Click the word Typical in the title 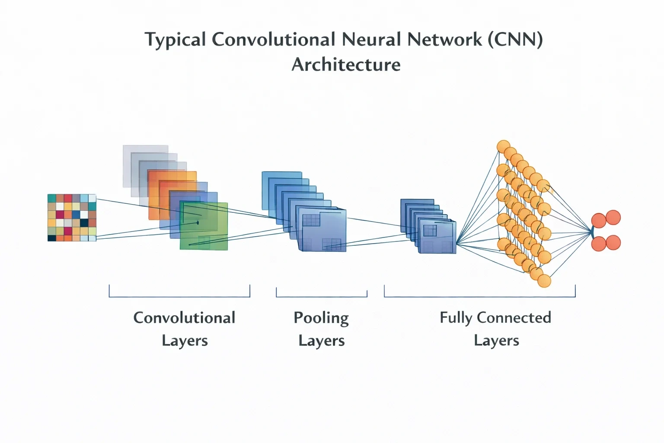coord(175,40)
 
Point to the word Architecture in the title coord(346,64)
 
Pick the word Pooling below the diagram coord(321,318)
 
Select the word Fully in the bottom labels coord(456,318)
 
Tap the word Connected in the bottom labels coord(514,318)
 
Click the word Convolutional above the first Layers coord(184,318)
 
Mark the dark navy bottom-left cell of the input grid coord(51,238)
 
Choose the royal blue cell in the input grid coord(76,214)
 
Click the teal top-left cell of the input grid coord(51,198)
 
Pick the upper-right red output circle coord(613,218)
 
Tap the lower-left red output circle coord(599,244)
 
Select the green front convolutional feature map coord(204,226)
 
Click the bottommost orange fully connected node coord(544,281)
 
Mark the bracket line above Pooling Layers coord(322,296)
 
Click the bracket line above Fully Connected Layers coord(479,296)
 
